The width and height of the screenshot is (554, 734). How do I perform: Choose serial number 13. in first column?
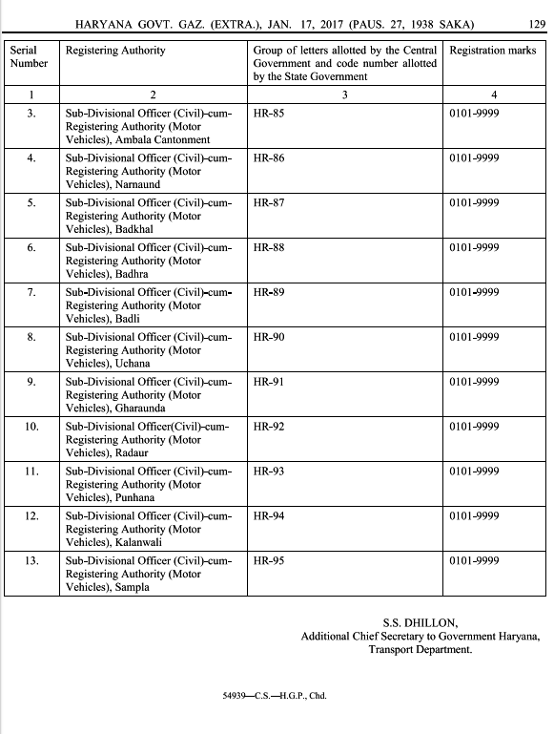pos(31,560)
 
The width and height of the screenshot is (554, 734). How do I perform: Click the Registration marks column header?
pos(492,50)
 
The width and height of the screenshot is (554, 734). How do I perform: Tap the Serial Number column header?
pos(28,56)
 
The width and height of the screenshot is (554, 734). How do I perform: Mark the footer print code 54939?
pos(235,696)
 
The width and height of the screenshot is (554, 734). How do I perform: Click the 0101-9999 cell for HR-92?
pos(474,427)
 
